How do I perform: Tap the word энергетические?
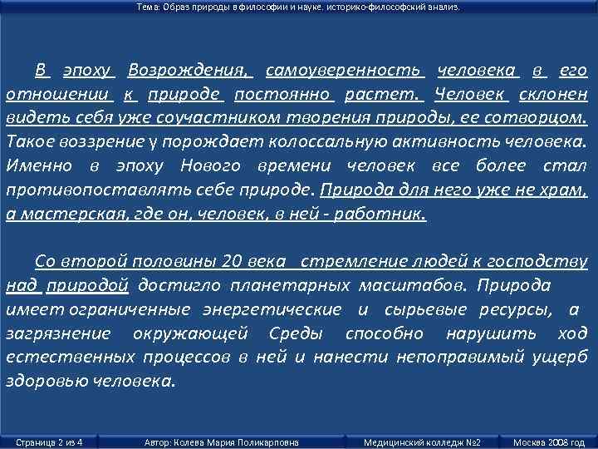point(272,310)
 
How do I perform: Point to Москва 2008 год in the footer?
point(549,442)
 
